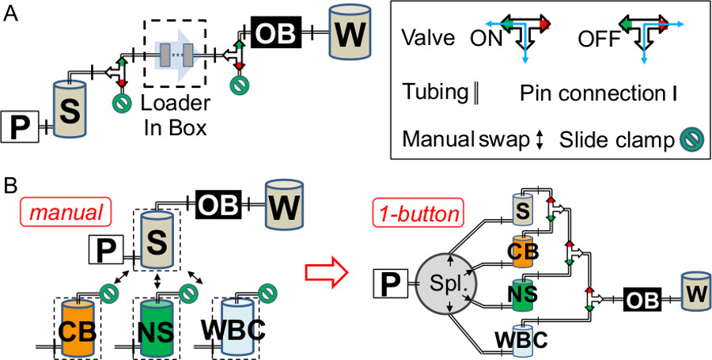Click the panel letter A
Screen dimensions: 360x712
click(11, 13)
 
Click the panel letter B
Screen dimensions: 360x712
click(11, 189)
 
